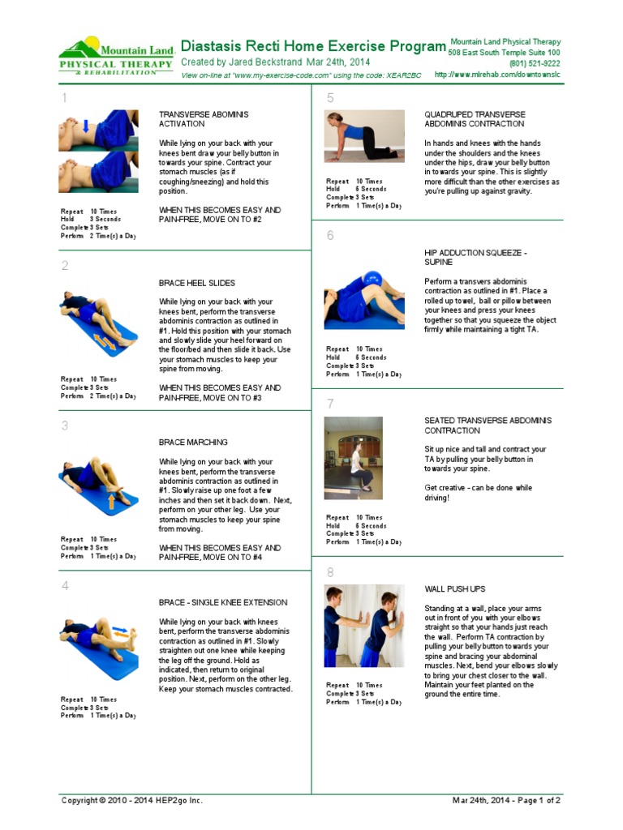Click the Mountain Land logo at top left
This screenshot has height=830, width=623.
tap(116, 57)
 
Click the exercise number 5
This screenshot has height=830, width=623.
tap(330, 99)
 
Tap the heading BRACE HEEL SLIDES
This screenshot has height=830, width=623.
tap(196, 283)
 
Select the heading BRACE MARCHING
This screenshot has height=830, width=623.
tap(193, 443)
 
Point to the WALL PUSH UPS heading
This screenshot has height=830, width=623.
tap(456, 589)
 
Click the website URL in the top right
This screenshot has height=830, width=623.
tap(497, 75)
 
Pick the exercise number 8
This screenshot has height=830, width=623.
tap(330, 572)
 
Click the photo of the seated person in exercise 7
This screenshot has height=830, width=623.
tap(353, 458)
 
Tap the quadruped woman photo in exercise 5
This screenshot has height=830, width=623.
tap(364, 136)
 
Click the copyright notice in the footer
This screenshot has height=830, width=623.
tap(132, 801)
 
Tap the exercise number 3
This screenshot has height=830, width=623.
tap(65, 426)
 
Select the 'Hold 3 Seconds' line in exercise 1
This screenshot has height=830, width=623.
tap(91, 219)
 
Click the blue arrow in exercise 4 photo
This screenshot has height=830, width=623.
tap(120, 628)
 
